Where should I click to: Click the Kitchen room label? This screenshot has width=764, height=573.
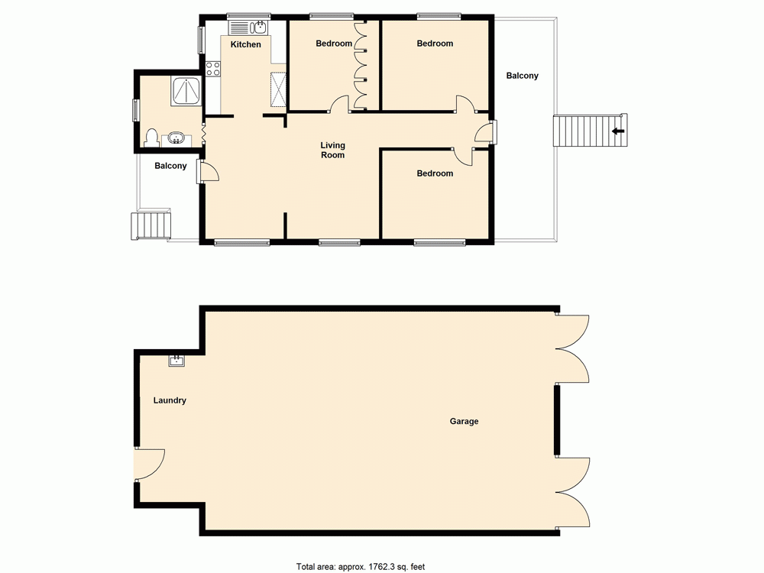pyautogui.click(x=246, y=44)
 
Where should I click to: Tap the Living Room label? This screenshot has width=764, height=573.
pyautogui.click(x=332, y=150)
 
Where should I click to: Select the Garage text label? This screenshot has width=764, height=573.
pyautogui.click(x=464, y=421)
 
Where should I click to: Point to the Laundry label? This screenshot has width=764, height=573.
pyautogui.click(x=170, y=400)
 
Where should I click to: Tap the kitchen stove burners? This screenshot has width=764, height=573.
pyautogui.click(x=212, y=70)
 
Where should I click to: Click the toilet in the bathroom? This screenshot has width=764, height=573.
pyautogui.click(x=151, y=138)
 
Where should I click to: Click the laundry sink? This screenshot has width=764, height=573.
pyautogui.click(x=176, y=359)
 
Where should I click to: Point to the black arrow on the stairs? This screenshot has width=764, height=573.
pyautogui.click(x=618, y=131)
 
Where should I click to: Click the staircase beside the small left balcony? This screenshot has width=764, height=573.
pyautogui.click(x=151, y=226)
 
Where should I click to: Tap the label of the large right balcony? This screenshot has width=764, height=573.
pyautogui.click(x=523, y=76)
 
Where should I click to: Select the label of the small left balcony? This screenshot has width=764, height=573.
pyautogui.click(x=170, y=166)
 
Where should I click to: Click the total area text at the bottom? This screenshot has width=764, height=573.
pyautogui.click(x=361, y=567)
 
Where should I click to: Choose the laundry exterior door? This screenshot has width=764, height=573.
pyautogui.click(x=147, y=463)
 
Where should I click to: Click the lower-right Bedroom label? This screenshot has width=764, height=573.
pyautogui.click(x=435, y=173)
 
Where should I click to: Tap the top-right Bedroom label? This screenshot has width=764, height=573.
pyautogui.click(x=435, y=44)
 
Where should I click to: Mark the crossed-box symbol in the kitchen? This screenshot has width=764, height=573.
pyautogui.click(x=278, y=89)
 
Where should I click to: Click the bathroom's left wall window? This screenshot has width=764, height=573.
pyautogui.click(x=136, y=111)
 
